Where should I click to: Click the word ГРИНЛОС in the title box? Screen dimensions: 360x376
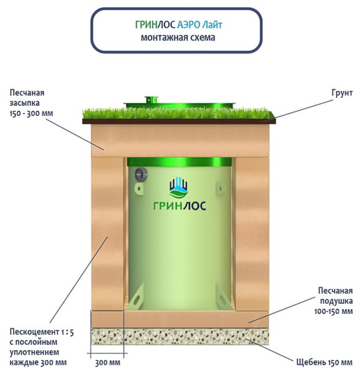click(x=155, y=24)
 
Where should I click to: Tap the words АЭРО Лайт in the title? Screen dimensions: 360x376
click(x=199, y=24)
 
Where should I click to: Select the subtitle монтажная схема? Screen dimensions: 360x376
click(x=178, y=37)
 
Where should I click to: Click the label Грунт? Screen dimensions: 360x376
click(x=342, y=93)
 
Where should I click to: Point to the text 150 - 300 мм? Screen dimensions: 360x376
click(x=31, y=113)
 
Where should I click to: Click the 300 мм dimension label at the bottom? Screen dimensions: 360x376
click(x=107, y=362)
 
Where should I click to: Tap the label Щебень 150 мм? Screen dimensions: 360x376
click(x=324, y=362)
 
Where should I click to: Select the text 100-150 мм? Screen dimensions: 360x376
click(x=333, y=311)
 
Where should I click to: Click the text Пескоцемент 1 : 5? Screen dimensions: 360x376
click(x=42, y=332)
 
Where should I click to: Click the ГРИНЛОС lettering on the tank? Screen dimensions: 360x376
click(x=179, y=206)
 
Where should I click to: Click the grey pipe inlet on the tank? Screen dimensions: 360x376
click(x=141, y=174)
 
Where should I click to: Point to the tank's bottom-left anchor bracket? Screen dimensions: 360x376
click(x=135, y=297)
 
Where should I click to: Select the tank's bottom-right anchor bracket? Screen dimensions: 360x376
click(x=224, y=297)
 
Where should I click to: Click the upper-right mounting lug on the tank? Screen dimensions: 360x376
click(x=220, y=189)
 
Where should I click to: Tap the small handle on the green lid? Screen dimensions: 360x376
click(x=151, y=99)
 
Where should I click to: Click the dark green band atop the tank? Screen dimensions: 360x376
click(x=179, y=162)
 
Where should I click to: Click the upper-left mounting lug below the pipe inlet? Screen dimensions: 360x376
click(x=139, y=189)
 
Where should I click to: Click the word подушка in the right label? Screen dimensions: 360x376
click(x=336, y=301)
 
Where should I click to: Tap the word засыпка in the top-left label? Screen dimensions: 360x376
click(x=24, y=103)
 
